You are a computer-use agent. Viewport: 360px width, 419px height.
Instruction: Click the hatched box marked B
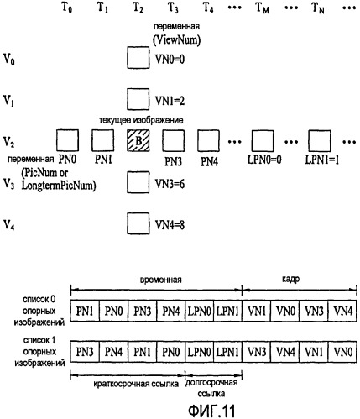point(138,140)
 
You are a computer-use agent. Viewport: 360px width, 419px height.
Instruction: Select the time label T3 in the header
point(173,8)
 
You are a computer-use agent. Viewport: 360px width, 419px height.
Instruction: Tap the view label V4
point(8,224)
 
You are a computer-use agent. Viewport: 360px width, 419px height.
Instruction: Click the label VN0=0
point(170,59)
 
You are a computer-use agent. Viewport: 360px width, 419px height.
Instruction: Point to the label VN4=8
point(170,225)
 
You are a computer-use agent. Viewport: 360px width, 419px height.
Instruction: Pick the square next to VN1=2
point(138,99)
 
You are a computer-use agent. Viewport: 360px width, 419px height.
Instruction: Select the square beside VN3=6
point(138,182)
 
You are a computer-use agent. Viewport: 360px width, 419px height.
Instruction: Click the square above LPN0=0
point(263,141)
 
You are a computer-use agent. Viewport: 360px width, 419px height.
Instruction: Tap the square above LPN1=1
point(320,141)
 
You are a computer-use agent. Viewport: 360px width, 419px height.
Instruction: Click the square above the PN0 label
point(67,140)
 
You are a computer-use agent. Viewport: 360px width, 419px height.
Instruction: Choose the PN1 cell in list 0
point(85,311)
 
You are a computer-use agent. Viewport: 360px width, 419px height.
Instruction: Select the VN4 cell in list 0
point(342,311)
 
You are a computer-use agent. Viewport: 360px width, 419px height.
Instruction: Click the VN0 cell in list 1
point(342,352)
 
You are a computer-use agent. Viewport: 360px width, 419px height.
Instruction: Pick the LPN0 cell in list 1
point(200,352)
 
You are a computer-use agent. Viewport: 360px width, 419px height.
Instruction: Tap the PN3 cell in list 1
point(85,352)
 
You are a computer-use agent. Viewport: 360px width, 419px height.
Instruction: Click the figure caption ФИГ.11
point(211,411)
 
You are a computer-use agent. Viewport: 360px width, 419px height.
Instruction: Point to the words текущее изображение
point(141,120)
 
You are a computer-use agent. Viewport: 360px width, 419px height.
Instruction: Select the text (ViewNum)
point(177,40)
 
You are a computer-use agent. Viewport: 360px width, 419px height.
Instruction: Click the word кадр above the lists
point(290,280)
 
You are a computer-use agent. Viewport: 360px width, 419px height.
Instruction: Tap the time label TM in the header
point(263,8)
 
